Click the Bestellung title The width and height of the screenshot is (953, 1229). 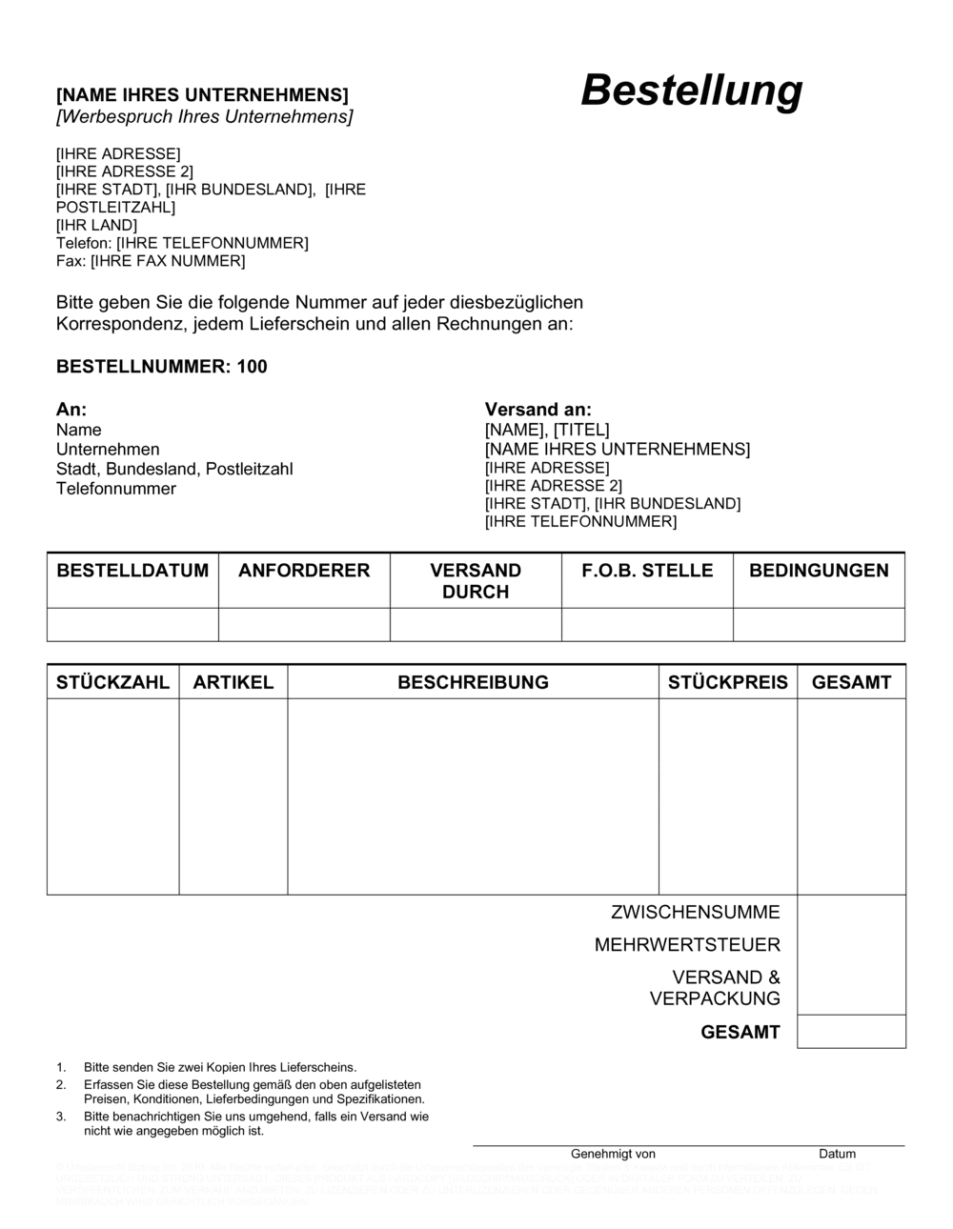click(691, 91)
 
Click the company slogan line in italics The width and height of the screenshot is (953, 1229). click(204, 117)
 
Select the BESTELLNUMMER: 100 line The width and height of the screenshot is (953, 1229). click(162, 367)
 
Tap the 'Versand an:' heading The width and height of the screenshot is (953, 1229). click(537, 410)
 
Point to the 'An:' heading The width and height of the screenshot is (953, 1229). click(71, 410)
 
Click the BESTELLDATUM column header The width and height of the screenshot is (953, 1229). click(132, 571)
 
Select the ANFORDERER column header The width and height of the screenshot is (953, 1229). click(304, 571)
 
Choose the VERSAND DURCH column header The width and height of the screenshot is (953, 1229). click(476, 580)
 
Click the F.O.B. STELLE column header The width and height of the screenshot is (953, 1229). click(647, 571)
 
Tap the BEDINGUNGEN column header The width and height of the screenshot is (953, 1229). click(819, 571)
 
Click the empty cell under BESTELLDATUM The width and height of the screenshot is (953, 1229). click(132, 624)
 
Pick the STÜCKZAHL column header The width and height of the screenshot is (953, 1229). click(113, 682)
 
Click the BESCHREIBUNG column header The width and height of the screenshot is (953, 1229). click(473, 682)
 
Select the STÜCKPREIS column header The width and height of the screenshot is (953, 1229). click(728, 682)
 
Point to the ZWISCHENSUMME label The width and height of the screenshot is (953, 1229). click(695, 912)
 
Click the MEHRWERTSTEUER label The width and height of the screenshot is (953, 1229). click(687, 945)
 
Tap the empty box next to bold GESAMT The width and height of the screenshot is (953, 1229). click(851, 1032)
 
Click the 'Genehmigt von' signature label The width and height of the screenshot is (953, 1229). click(613, 1154)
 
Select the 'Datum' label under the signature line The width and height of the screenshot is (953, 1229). click(837, 1154)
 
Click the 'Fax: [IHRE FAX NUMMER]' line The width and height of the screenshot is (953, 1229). click(151, 261)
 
